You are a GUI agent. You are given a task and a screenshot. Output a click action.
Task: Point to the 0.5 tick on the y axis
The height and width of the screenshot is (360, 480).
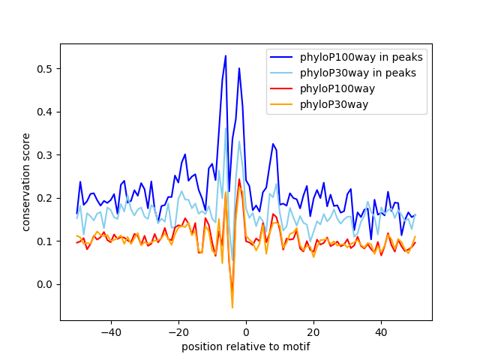click(x=46, y=69)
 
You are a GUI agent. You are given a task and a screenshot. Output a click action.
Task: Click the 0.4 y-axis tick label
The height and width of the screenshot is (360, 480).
click(x=46, y=112)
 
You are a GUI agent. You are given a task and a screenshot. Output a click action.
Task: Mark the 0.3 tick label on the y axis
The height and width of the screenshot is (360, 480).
click(x=46, y=155)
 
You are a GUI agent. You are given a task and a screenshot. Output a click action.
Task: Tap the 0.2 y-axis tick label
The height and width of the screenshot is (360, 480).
click(x=46, y=198)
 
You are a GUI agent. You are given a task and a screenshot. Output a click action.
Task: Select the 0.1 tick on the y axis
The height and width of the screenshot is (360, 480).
click(x=46, y=241)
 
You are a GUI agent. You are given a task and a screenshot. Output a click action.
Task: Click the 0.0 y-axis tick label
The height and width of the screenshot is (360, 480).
click(x=46, y=284)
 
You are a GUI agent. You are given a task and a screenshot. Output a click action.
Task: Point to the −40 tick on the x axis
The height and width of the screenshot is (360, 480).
click(x=110, y=331)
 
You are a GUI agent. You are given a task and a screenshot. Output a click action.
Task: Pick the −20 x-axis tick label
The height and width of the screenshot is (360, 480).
click(x=178, y=331)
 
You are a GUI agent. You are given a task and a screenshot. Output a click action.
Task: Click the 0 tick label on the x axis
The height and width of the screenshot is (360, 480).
click(x=246, y=331)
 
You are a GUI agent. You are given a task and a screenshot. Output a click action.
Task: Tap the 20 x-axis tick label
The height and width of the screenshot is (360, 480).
click(x=313, y=331)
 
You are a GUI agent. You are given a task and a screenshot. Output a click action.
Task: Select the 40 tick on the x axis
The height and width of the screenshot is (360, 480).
click(x=381, y=331)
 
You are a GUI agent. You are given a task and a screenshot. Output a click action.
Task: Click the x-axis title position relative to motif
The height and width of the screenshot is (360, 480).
click(x=245, y=346)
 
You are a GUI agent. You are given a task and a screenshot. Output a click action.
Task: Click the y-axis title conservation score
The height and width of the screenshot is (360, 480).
click(x=26, y=182)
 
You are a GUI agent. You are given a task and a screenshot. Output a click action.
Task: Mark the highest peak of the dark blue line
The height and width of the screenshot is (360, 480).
click(x=226, y=55)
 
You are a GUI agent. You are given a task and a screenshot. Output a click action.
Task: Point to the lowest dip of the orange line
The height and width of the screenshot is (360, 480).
click(x=232, y=307)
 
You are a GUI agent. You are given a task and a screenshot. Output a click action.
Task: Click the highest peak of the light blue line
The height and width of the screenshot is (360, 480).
click(x=226, y=127)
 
